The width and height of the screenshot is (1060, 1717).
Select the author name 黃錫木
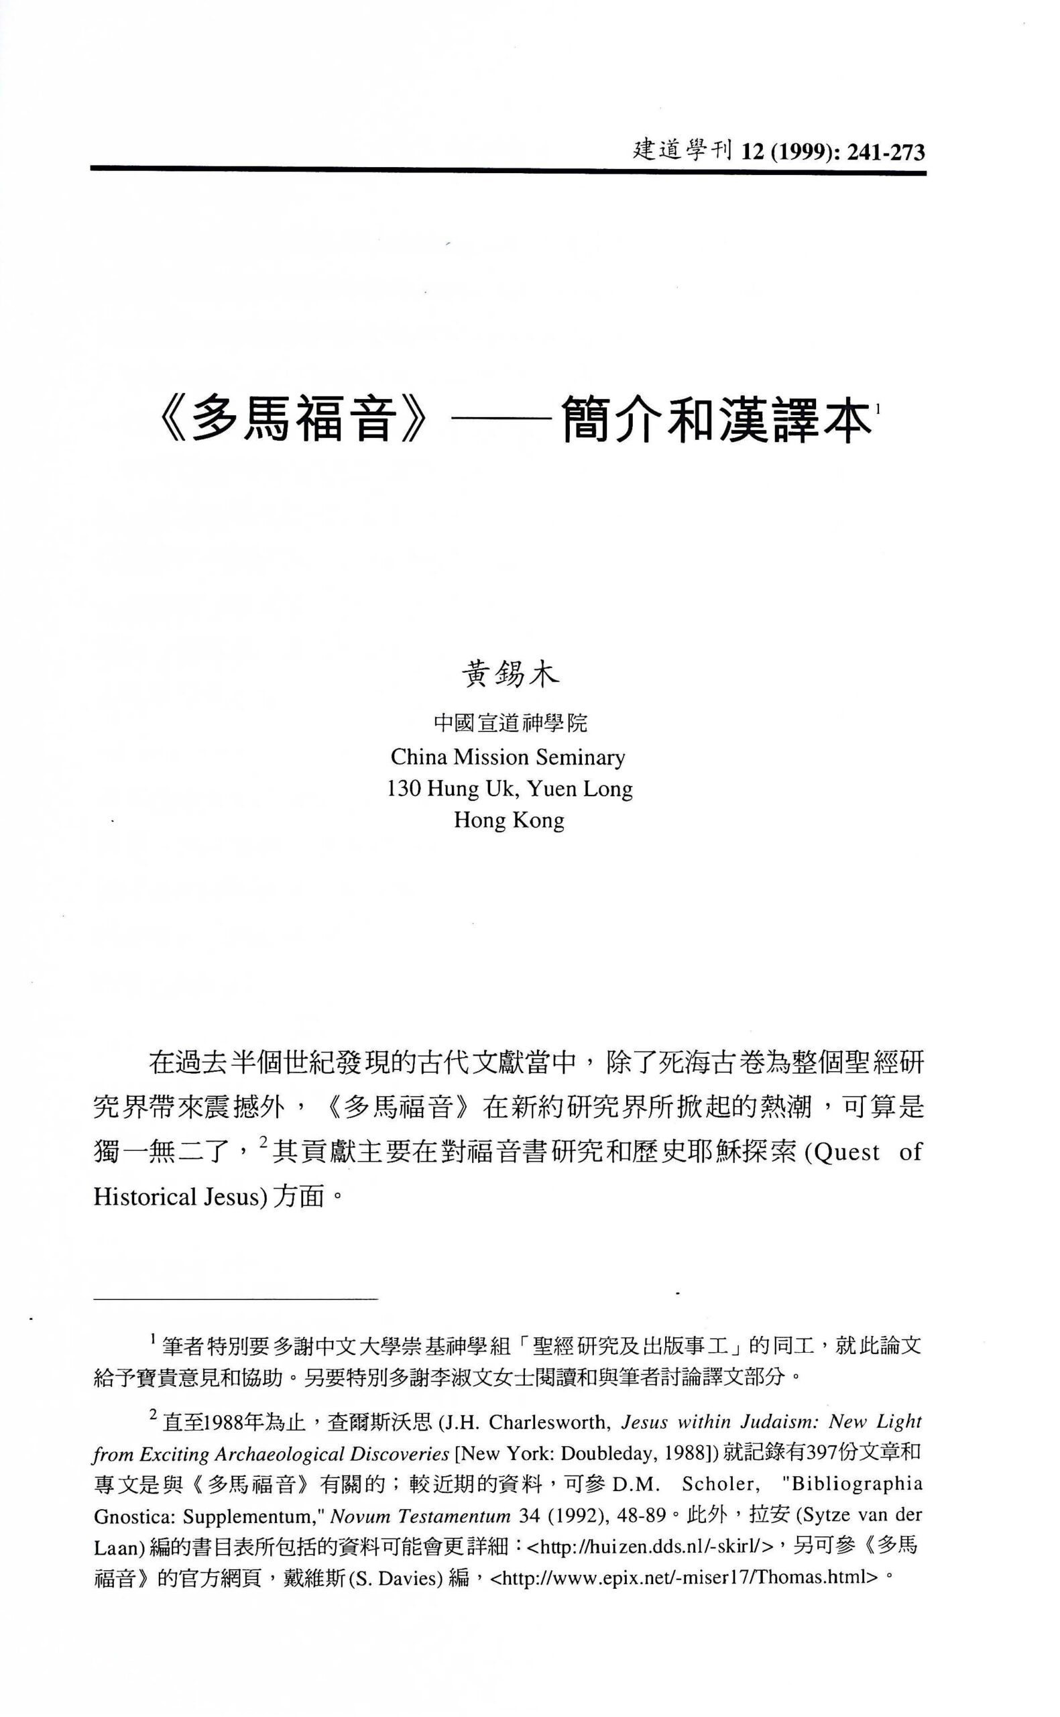510,675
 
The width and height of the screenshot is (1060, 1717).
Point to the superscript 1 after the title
878,408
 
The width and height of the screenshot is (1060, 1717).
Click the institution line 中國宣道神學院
510,723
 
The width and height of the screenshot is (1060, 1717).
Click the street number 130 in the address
404,789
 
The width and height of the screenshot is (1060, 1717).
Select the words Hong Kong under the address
509,820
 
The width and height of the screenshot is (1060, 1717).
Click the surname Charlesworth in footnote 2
548,1423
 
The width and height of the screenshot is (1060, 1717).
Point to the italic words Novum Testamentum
420,1516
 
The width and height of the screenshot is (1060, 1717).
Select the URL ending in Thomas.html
683,1578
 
